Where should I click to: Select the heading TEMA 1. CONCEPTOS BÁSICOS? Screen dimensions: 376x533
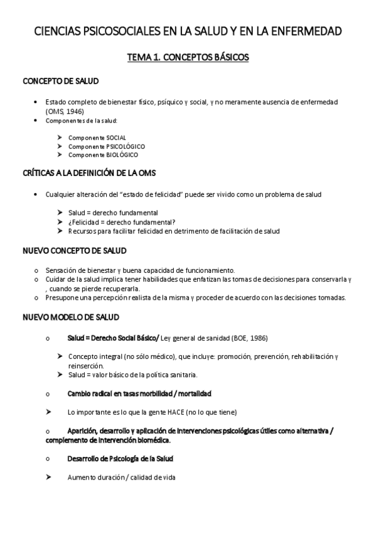[188, 57]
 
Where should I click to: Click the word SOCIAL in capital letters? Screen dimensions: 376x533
[115, 137]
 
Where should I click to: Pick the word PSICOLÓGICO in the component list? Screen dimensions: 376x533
[125, 146]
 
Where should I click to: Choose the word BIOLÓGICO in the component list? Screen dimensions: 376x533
[122, 155]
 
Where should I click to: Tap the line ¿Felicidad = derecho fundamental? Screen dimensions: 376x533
[122, 222]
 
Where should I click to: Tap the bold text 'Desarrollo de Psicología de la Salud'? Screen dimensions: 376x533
[121, 459]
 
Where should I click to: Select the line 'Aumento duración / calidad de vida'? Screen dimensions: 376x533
[121, 477]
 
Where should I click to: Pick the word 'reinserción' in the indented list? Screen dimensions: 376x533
[86, 365]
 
